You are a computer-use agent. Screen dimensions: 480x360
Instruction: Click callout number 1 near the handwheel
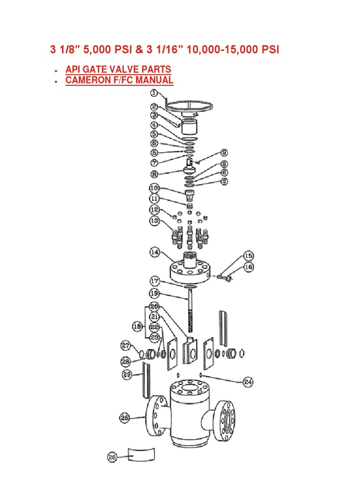(154, 93)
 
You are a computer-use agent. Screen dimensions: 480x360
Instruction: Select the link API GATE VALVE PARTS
(118, 69)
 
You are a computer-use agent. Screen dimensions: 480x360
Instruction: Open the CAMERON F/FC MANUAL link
(119, 80)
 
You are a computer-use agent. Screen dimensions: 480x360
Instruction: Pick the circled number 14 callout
(155, 253)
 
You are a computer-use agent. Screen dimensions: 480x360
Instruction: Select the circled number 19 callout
(155, 293)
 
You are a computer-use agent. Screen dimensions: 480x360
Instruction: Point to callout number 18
(138, 326)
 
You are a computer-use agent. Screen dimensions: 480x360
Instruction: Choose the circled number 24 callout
(248, 382)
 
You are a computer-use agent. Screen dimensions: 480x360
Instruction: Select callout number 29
(127, 375)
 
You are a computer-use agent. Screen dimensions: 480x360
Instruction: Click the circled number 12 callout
(155, 209)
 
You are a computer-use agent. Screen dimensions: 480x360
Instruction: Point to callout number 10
(154, 188)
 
